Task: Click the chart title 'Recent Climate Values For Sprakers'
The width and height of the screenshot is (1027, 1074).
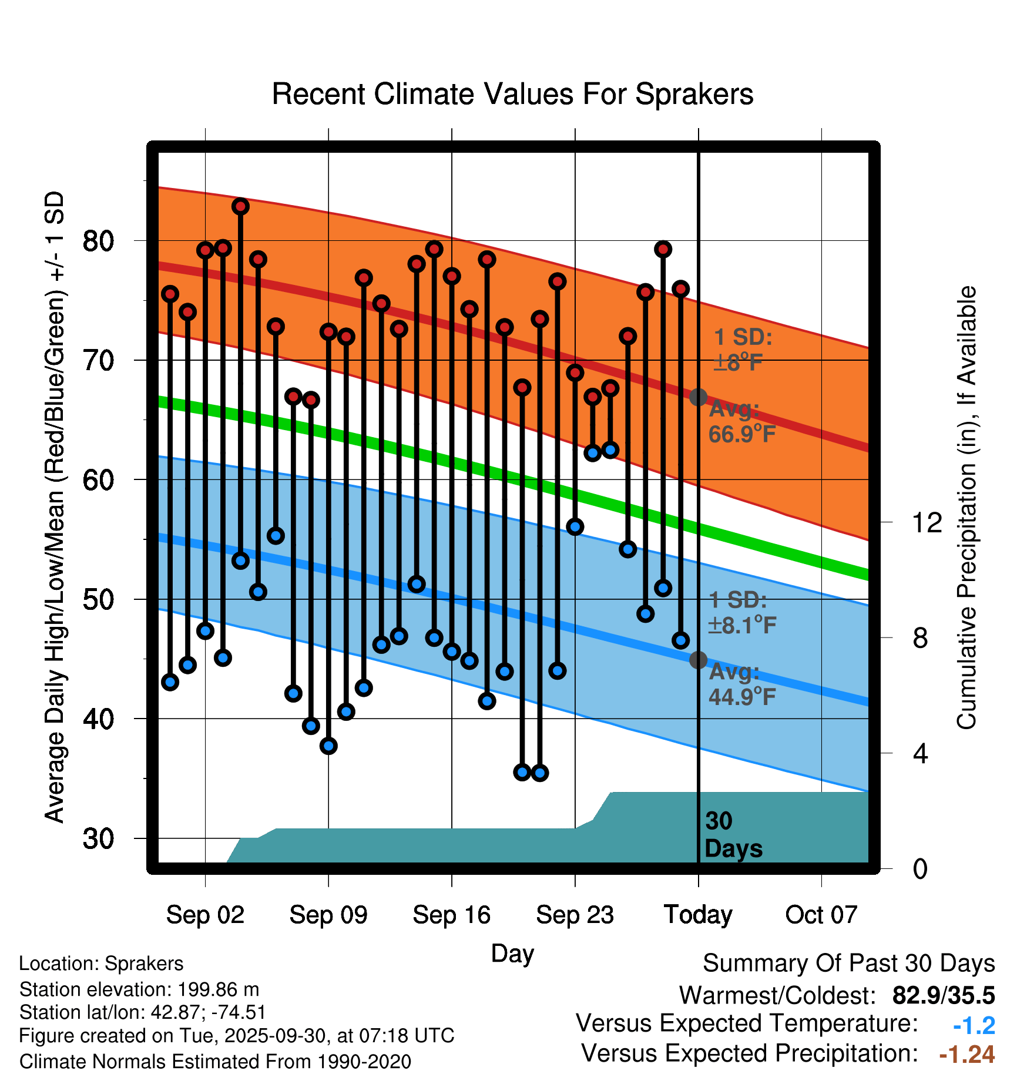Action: [x=512, y=94]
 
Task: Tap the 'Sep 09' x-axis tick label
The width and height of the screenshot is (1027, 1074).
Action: [x=328, y=915]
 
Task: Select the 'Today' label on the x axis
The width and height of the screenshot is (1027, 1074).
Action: [x=698, y=915]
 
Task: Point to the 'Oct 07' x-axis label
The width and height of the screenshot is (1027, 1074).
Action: [x=821, y=915]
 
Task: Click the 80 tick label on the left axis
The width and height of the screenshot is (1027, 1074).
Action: [x=98, y=240]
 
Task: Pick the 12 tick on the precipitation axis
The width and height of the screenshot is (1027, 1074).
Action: [x=927, y=522]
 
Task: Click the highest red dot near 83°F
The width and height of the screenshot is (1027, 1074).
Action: [x=240, y=206]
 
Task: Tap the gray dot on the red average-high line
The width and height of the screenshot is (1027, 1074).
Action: [x=698, y=397]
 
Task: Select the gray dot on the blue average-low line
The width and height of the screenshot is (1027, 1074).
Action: [x=698, y=660]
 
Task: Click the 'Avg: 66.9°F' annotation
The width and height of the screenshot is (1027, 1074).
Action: [x=741, y=422]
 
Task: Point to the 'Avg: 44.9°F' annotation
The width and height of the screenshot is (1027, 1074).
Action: [x=741, y=684]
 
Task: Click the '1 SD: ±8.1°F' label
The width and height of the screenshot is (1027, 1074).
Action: [x=741, y=613]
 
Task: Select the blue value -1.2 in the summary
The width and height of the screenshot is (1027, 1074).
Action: [x=974, y=1026]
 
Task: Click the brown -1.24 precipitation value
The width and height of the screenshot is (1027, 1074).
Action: [x=966, y=1055]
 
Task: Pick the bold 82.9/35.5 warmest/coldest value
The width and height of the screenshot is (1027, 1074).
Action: [x=943, y=995]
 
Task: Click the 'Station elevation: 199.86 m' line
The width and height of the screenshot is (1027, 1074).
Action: [x=139, y=989]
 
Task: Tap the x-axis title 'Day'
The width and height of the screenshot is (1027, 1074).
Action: [x=512, y=954]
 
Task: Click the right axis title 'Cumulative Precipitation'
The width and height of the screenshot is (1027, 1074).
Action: [x=966, y=508]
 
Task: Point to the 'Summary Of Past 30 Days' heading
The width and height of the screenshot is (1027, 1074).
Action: [x=848, y=964]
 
